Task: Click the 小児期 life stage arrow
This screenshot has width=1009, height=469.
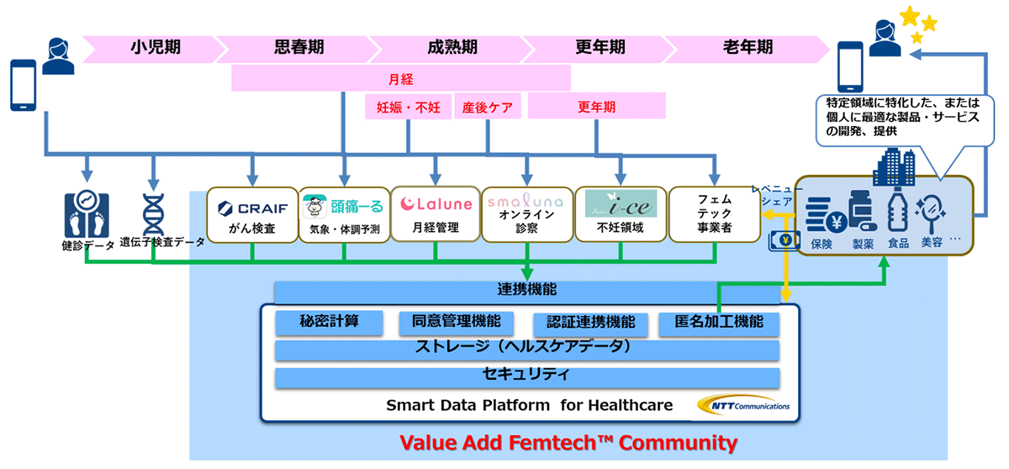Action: click(153, 49)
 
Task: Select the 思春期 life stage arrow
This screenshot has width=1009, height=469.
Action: click(298, 49)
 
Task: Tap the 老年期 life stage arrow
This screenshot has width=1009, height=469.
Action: click(747, 49)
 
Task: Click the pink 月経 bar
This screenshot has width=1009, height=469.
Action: click(401, 78)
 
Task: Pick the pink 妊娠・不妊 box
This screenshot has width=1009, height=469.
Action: click(408, 107)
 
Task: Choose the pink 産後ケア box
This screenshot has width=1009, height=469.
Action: click(488, 107)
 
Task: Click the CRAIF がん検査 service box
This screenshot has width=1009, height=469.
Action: click(252, 215)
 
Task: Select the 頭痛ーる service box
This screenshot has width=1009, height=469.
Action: click(344, 215)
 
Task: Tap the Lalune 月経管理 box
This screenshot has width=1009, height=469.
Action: click(436, 214)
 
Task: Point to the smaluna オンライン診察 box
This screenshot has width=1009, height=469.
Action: click(526, 214)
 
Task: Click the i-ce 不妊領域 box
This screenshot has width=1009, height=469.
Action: click(621, 214)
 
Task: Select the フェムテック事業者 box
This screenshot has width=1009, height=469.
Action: click(715, 214)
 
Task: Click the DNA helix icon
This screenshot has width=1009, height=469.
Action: click(153, 214)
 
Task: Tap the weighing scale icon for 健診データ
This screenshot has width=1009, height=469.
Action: click(87, 213)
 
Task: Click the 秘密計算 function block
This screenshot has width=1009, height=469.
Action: click(330, 323)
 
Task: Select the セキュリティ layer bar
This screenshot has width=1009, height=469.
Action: click(527, 377)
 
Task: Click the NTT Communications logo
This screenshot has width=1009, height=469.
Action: click(743, 405)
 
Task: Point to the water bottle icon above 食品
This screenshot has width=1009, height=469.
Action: click(898, 210)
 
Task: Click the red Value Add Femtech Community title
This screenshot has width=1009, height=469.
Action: click(568, 443)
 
